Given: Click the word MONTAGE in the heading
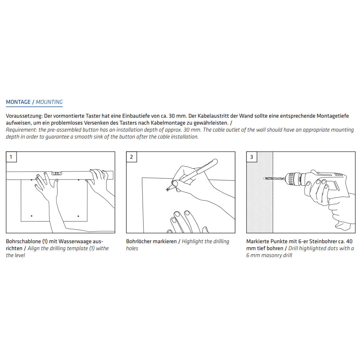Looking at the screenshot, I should (x=18, y=102).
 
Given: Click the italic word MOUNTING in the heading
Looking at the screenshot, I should (x=49, y=102).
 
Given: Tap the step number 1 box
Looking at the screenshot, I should (x=11, y=157).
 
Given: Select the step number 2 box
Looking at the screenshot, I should (x=131, y=157).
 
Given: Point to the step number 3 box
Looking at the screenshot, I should (x=252, y=157).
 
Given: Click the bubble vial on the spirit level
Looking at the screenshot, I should (x=56, y=173).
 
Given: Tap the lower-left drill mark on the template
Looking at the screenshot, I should (x=31, y=216).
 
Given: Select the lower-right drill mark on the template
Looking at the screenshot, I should (x=78, y=216).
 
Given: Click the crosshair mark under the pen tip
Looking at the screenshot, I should (x=167, y=190).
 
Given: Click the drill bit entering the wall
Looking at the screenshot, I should (x=274, y=178).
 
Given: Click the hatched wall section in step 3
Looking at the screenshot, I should (x=260, y=204).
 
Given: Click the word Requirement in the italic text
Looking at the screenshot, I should (x=21, y=130).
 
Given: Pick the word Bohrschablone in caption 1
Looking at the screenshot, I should (x=23, y=241).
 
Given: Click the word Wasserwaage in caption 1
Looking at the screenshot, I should (x=75, y=241).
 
